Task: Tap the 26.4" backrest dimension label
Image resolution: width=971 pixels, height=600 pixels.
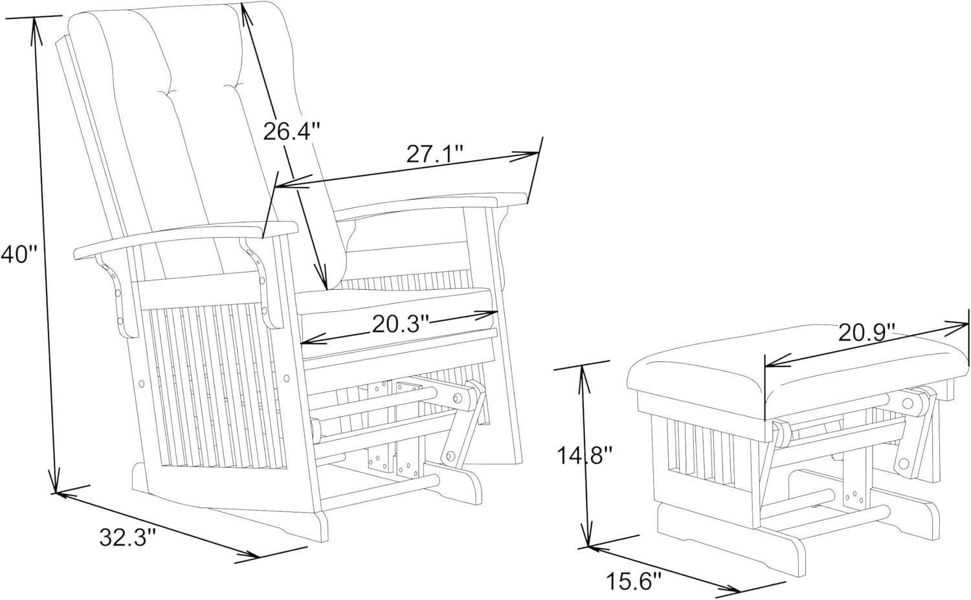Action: pyautogui.click(x=292, y=131)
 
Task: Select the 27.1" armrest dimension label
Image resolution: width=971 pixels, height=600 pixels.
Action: pyautogui.click(x=435, y=153)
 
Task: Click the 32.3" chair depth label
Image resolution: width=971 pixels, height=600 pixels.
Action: pyautogui.click(x=129, y=538)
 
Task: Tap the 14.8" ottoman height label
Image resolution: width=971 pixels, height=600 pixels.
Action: pyautogui.click(x=585, y=456)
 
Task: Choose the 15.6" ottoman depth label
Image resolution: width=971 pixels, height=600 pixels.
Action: pyautogui.click(x=634, y=581)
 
